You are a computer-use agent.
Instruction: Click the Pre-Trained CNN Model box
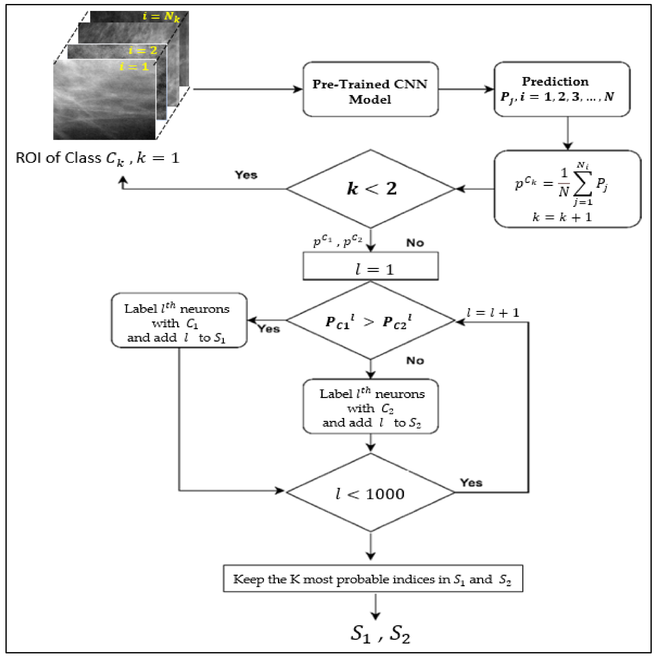370,89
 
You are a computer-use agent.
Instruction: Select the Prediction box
562,89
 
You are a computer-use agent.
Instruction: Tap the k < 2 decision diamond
370,189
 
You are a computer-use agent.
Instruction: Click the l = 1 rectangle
370,266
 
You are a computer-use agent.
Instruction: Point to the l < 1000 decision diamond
370,492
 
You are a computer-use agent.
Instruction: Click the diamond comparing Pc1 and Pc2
370,320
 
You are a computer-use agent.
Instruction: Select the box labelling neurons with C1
179,320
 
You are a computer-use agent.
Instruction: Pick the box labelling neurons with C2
370,406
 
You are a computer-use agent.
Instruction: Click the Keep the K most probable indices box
373,579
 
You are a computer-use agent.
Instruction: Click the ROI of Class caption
97,158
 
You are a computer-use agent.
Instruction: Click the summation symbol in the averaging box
583,184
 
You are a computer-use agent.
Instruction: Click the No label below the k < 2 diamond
415,243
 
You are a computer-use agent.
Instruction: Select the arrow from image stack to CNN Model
248,89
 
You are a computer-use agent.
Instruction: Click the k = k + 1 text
562,217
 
